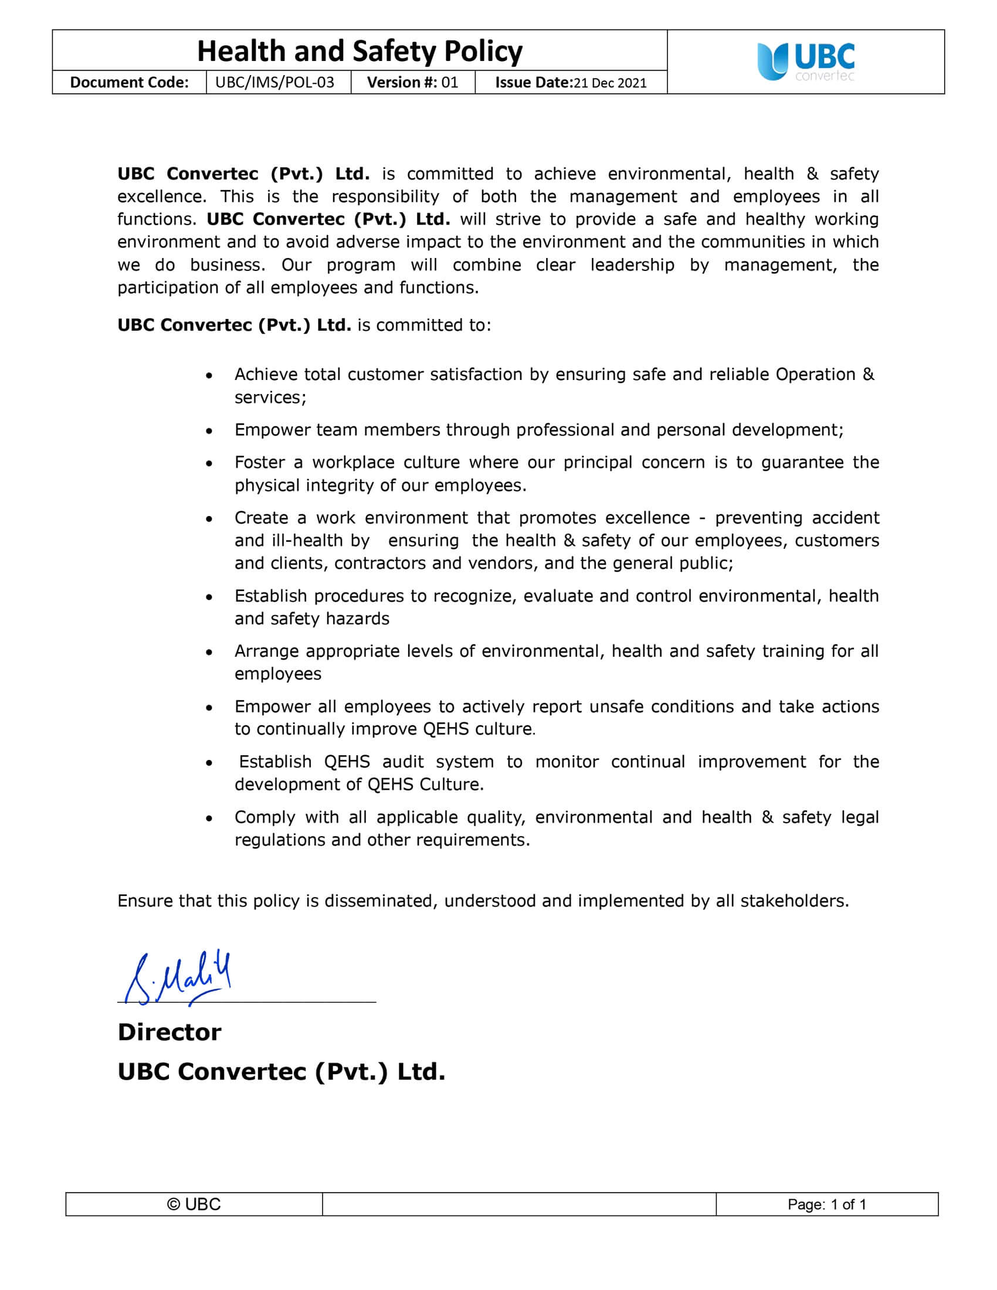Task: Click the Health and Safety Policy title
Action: [360, 52]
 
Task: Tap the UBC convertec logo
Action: [806, 62]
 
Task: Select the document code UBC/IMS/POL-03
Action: [274, 82]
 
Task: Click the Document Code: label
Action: [130, 82]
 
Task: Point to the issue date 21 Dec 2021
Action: [609, 83]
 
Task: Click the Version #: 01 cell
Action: [412, 82]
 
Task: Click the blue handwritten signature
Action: [177, 977]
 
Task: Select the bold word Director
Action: [169, 1032]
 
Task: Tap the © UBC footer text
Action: [194, 1204]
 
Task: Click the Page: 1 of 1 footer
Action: [826, 1204]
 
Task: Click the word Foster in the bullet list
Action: [260, 463]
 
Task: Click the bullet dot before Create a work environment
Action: [209, 519]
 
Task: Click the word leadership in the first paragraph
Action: [632, 264]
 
